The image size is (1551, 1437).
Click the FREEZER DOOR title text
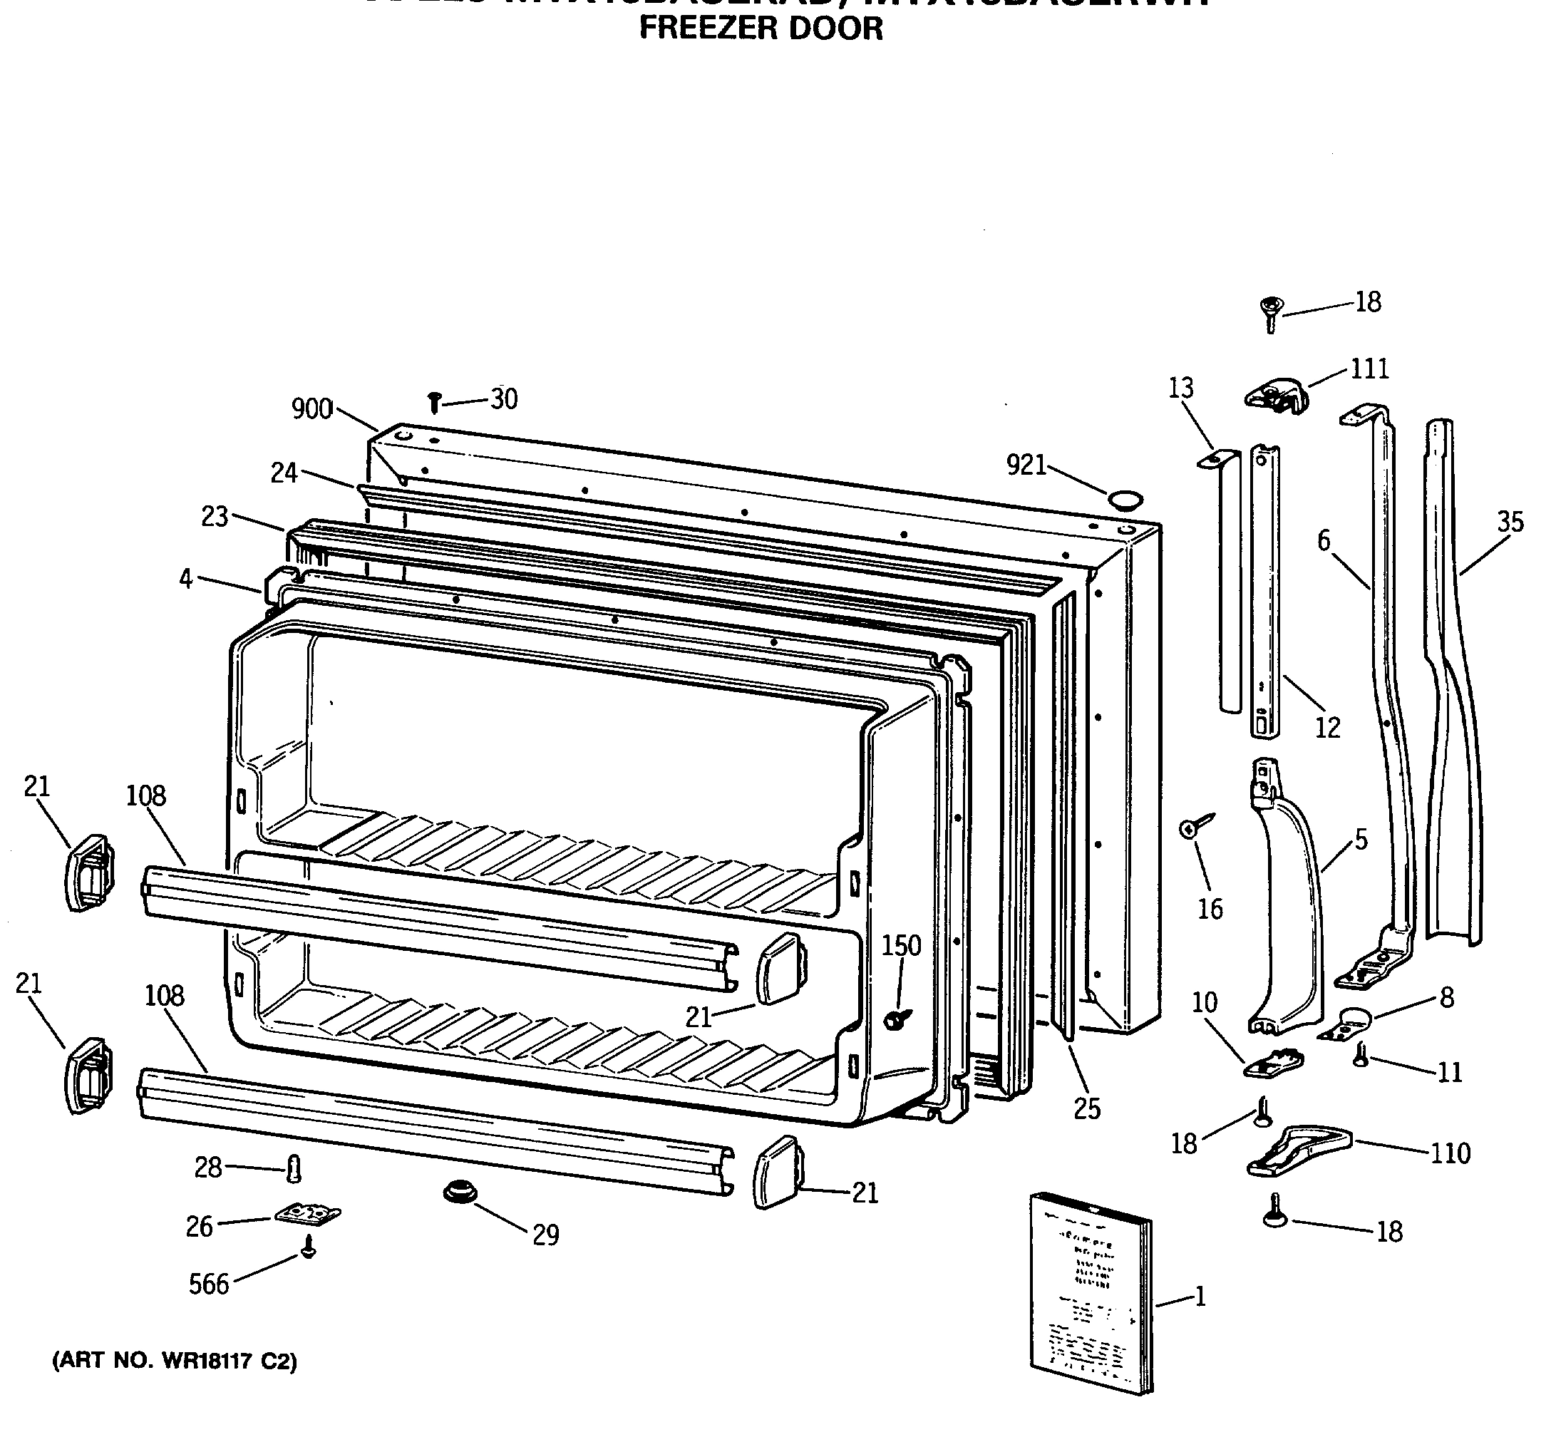[x=761, y=29]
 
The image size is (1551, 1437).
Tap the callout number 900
[x=311, y=408]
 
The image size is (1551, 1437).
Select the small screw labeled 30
[x=435, y=402]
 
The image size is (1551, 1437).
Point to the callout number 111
[x=1369, y=368]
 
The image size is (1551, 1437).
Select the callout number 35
[x=1510, y=522]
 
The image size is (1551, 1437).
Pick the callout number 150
[x=901, y=946]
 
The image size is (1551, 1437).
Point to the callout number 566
[x=209, y=1284]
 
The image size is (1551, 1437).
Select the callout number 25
[x=1087, y=1109]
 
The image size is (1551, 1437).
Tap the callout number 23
[x=215, y=516]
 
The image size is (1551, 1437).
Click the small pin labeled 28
[x=294, y=1168]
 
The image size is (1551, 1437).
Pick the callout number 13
[x=1180, y=387]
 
